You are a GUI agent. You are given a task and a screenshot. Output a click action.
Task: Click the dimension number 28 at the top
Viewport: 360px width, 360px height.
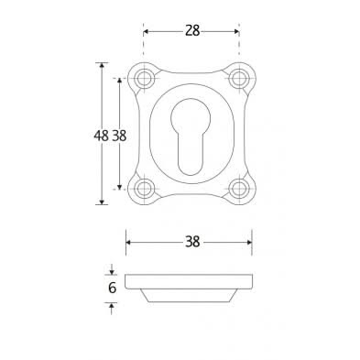tap(192, 31)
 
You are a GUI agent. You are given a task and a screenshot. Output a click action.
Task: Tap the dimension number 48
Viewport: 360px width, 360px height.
tap(101, 136)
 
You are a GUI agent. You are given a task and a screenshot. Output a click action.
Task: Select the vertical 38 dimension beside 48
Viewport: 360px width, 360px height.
tap(119, 136)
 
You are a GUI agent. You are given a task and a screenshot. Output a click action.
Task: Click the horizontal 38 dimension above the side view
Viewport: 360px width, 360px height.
tap(192, 242)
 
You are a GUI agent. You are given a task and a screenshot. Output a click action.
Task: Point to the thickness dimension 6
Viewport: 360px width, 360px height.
tap(113, 288)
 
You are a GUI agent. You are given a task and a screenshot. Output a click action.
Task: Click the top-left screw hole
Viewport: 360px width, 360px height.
tap(144, 79)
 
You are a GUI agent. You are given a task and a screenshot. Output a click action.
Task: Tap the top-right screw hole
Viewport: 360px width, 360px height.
tap(238, 79)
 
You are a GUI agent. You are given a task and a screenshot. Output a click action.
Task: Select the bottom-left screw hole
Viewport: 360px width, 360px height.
tap(144, 189)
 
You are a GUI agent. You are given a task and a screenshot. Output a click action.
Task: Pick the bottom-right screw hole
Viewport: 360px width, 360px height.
tap(238, 189)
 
